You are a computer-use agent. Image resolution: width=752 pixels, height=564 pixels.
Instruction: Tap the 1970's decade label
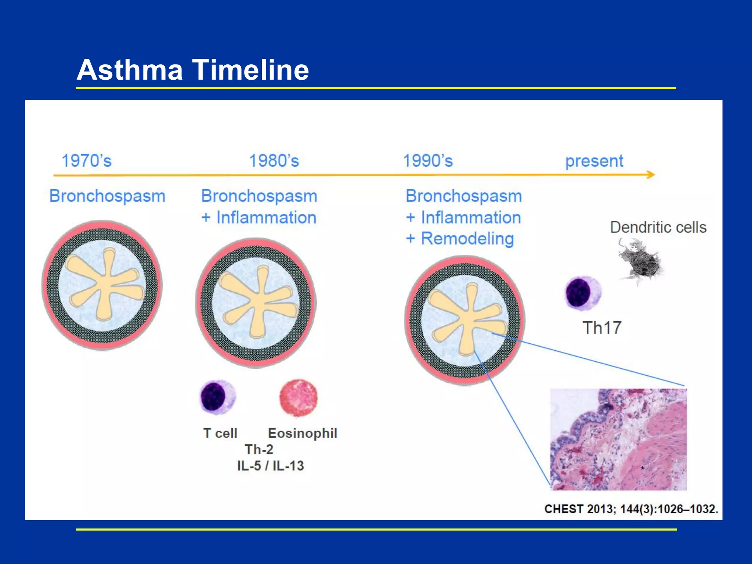coord(87,161)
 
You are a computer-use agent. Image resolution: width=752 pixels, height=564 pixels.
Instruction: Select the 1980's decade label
coord(274,161)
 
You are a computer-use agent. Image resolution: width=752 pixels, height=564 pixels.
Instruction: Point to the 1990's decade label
coord(428,161)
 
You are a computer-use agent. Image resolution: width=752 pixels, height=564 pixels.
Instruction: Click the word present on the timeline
coord(594,161)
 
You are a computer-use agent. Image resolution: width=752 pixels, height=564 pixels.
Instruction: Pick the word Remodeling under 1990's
coord(467,239)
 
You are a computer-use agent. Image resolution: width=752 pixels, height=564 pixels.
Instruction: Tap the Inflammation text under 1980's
coord(266,217)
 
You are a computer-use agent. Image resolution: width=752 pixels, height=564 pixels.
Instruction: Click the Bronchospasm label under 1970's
coord(107,196)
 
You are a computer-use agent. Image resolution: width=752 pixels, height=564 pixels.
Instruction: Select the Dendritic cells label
coord(658,227)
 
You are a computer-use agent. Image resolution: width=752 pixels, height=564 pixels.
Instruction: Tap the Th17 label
coord(602,328)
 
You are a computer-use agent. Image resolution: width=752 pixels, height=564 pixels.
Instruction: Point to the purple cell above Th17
coord(583,293)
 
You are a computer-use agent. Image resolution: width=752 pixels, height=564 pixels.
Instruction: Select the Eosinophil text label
coord(303,433)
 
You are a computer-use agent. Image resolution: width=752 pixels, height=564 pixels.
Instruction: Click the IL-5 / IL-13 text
coord(271,466)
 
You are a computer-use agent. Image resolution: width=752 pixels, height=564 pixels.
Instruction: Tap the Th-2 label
coord(259,449)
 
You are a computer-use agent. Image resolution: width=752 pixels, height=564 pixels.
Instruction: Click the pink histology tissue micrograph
coord(618,440)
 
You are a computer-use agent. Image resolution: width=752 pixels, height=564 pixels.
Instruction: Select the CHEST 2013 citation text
coord(631,509)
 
